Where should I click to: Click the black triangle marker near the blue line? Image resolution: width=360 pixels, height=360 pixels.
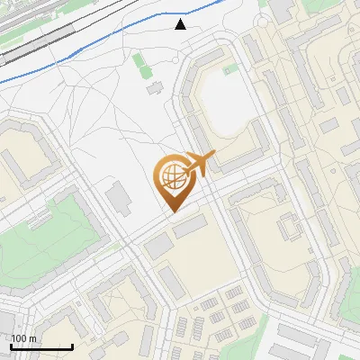tap(181, 24)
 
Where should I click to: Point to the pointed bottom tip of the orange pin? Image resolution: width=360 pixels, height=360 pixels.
tap(173, 211)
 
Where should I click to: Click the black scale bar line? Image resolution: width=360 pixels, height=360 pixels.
tap(41, 347)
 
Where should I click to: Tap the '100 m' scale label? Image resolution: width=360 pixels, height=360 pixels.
tap(23, 338)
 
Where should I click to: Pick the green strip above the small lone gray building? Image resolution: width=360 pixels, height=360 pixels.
tap(139, 65)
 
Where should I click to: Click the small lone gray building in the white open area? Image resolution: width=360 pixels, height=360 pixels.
tap(154, 88)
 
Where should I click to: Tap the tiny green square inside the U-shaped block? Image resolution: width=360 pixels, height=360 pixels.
tap(231, 68)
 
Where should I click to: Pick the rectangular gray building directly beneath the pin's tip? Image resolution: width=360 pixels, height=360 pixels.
tap(190, 228)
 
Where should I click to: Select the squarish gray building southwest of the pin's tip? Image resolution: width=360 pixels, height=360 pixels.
tap(157, 245)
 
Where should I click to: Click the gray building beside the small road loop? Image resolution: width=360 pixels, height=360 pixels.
tap(281, 9)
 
